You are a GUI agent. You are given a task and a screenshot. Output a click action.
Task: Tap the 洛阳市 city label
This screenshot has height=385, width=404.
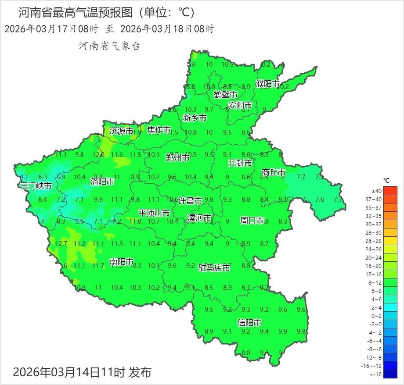102,181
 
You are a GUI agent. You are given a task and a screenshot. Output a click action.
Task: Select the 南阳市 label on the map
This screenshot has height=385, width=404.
122,262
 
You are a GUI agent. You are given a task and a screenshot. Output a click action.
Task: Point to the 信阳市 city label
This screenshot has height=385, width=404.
249,323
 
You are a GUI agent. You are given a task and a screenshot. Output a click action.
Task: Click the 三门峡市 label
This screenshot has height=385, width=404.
36,186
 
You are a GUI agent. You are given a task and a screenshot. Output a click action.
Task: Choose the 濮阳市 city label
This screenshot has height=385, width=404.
268,84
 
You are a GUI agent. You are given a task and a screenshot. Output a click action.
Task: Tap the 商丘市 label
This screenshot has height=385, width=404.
274,172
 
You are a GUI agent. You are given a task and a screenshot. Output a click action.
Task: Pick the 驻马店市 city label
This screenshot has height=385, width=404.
214,267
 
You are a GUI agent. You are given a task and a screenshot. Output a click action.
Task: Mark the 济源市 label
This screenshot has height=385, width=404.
121,131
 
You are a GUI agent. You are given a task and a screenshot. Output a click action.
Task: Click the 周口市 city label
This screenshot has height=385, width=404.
252,220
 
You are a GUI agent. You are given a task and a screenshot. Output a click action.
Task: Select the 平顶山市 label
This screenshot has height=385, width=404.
154,213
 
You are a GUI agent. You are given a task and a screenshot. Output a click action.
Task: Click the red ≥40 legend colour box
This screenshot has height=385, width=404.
390,191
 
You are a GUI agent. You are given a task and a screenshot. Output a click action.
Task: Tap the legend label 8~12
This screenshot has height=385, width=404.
377,282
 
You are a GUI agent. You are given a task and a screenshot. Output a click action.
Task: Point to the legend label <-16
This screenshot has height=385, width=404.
376,374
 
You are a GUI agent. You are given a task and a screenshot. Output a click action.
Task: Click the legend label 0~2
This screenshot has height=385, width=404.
377,316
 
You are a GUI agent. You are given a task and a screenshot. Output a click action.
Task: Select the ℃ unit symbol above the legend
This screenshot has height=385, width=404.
386,180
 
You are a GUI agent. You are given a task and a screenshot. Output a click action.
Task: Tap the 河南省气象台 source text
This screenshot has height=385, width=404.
109,46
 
